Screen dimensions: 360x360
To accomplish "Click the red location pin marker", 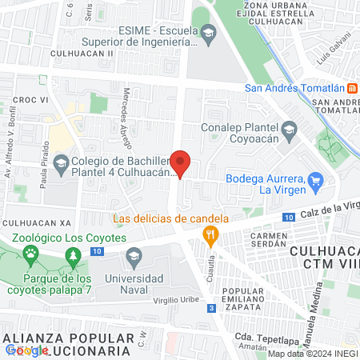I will click(x=181, y=163).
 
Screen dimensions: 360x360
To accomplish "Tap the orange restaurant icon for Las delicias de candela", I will click(x=211, y=234).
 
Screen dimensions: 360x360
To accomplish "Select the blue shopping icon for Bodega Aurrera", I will click(x=316, y=181).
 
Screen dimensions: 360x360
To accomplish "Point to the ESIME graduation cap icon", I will click(x=209, y=33).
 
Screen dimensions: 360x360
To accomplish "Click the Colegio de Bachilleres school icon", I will click(x=61, y=165).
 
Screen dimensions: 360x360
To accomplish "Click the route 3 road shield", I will click(x=210, y=308).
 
